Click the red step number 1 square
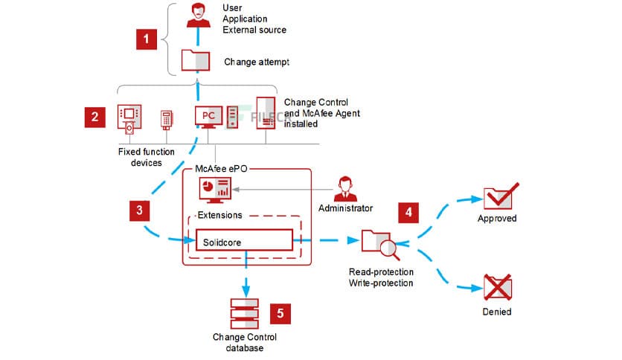point(147,38)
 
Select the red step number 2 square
point(94,117)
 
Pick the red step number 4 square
point(408,211)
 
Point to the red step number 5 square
point(279,313)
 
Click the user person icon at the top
point(197,13)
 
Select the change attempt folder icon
point(196,61)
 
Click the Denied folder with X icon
point(496,286)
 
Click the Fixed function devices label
point(147,157)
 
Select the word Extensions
point(218,216)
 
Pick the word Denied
point(496,312)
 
